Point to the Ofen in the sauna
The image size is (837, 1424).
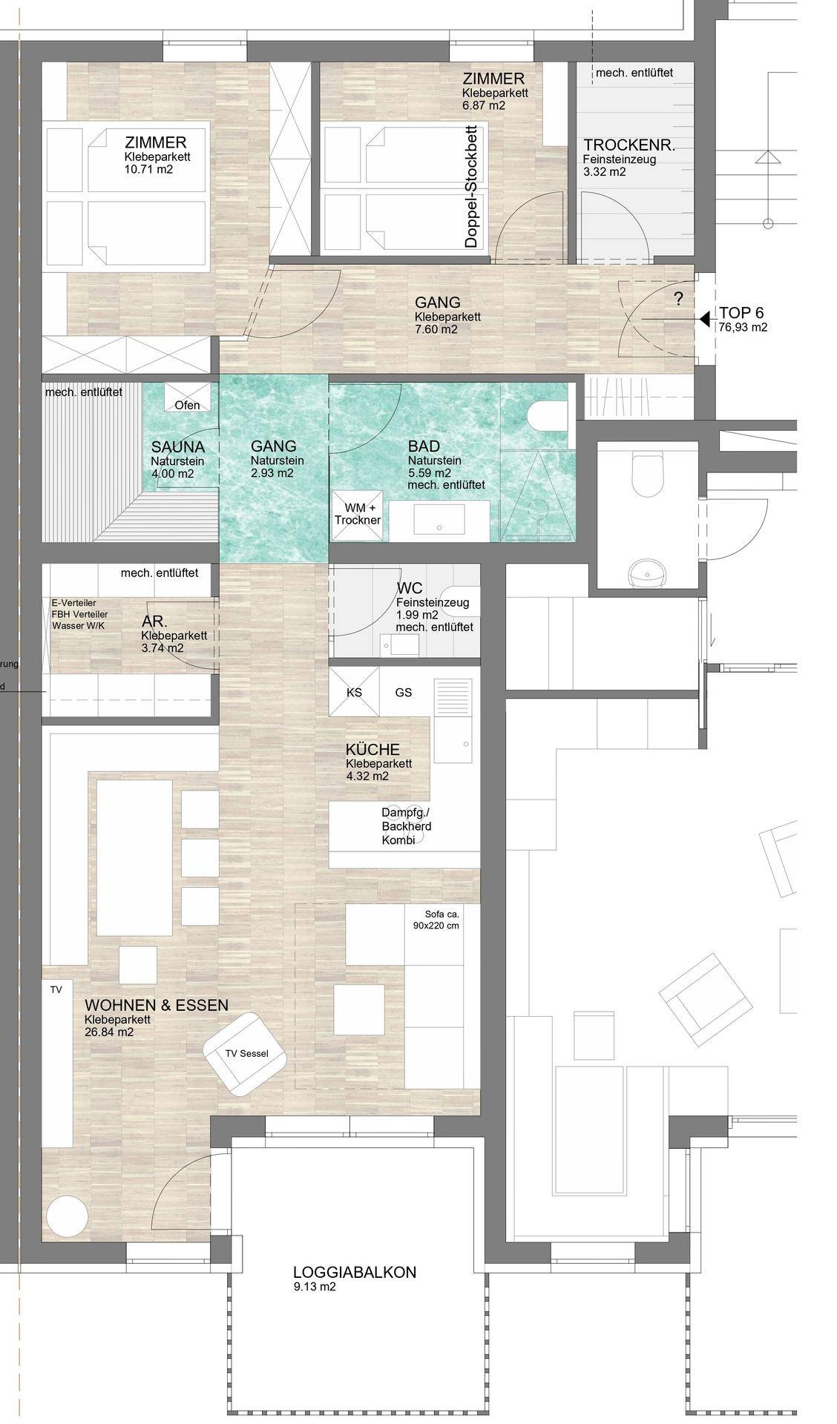click(x=187, y=405)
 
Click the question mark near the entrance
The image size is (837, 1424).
click(x=678, y=299)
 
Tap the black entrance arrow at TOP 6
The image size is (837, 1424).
click(x=703, y=319)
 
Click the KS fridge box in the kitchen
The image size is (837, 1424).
click(x=354, y=692)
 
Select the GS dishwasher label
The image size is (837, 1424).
click(x=403, y=693)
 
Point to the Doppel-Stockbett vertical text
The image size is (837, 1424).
click(x=470, y=188)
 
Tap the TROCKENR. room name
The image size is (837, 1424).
click(x=629, y=145)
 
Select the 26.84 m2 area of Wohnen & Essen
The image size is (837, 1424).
click(x=109, y=1031)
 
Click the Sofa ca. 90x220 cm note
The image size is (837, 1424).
click(x=436, y=920)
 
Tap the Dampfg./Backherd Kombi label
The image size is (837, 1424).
click(x=407, y=826)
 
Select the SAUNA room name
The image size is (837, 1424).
click(x=178, y=447)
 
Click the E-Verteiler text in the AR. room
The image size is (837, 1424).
click(x=74, y=603)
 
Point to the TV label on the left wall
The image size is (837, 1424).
click(x=56, y=989)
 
